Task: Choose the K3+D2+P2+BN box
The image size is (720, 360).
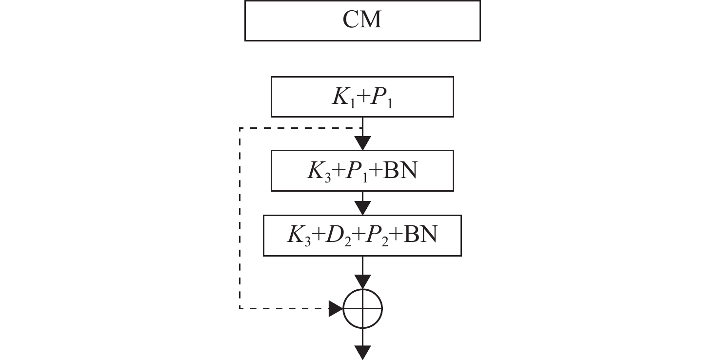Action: (362, 236)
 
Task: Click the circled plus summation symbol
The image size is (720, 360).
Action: (363, 308)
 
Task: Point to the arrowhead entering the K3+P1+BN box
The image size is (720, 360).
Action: (363, 144)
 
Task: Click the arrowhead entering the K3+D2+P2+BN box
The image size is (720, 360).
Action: (363, 208)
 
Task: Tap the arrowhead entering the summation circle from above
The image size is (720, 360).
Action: (363, 281)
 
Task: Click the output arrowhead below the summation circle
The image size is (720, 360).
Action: (363, 353)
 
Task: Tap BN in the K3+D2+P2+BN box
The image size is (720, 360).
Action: (421, 235)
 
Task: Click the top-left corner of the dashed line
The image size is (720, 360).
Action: (240, 128)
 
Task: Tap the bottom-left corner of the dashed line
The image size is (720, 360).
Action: (240, 308)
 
